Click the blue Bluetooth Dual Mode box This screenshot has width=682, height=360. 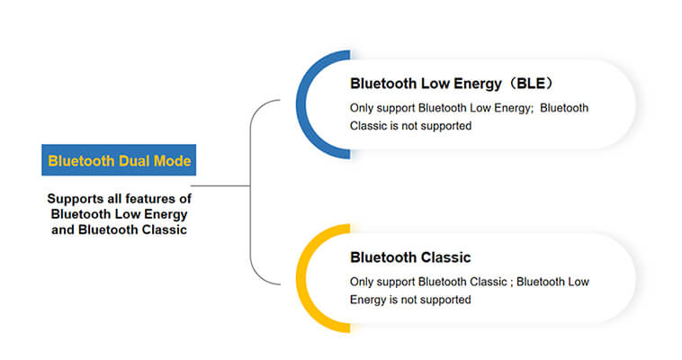[119, 160]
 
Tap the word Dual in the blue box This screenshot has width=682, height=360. [134, 161]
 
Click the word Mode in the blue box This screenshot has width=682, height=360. [173, 161]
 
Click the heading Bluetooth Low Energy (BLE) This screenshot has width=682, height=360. [452, 83]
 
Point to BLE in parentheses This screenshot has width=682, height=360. [530, 83]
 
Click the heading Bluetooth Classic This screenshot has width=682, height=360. [410, 257]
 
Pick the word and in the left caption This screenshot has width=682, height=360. [63, 229]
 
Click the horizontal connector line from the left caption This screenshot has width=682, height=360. [220, 186]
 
